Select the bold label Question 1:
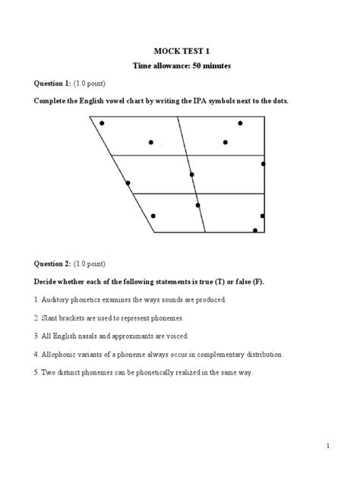(x=52, y=84)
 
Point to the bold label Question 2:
(x=52, y=264)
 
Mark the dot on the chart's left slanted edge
(x=128, y=183)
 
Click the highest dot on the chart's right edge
(x=263, y=163)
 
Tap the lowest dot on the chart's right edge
(x=255, y=230)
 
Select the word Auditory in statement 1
(x=58, y=300)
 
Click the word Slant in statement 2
(x=52, y=318)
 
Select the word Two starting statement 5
(x=50, y=372)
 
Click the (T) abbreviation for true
(x=215, y=282)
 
